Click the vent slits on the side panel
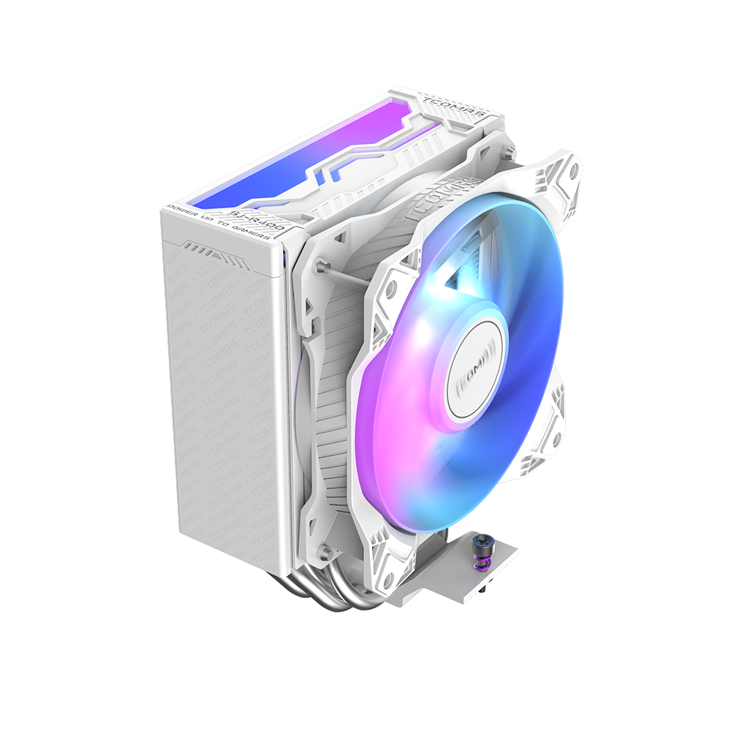click(x=208, y=252)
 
